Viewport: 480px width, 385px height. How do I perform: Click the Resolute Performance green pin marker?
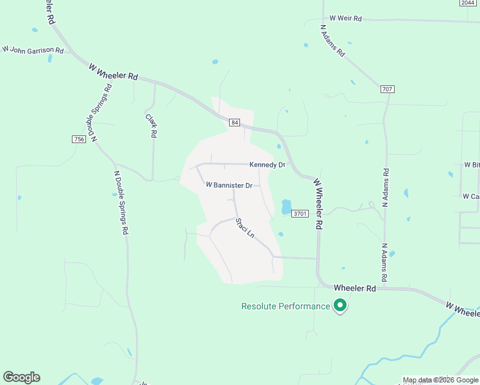tap(340, 306)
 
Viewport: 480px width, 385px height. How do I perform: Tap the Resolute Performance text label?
tap(285, 307)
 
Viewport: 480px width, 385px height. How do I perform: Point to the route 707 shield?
tap(386, 89)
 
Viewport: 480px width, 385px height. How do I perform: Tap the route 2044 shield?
tap(467, 3)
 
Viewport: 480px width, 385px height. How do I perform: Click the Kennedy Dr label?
tap(267, 165)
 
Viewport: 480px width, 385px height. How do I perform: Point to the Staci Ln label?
tap(244, 228)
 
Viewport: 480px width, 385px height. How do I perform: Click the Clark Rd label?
tap(151, 126)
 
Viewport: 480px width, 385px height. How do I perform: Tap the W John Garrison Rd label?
tap(33, 49)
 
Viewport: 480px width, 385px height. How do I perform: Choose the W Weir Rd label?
tap(345, 19)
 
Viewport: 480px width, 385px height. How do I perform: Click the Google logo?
tap(21, 377)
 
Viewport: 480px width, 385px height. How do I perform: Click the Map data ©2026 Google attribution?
tap(440, 380)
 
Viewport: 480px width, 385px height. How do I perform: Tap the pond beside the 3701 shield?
tap(286, 207)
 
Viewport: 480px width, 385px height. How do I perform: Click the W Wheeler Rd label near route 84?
tap(114, 71)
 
